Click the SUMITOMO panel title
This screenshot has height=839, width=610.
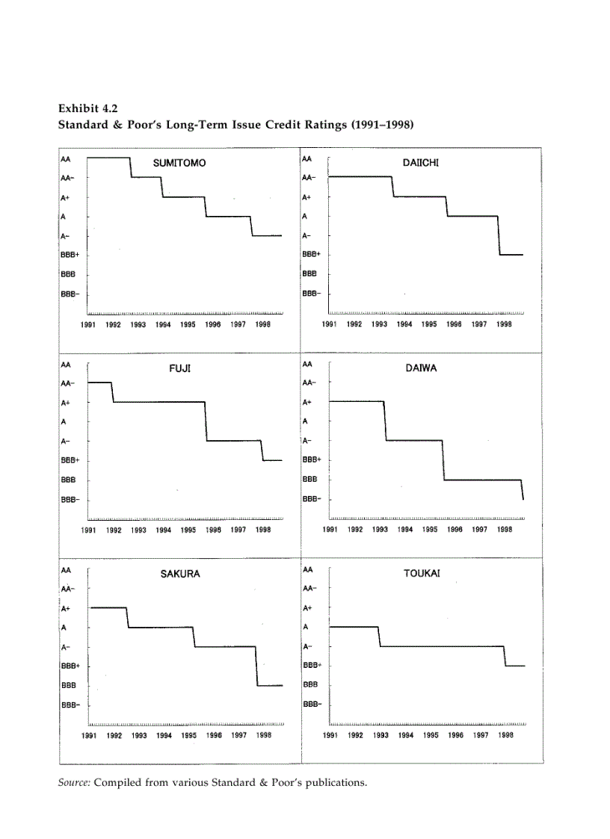[x=179, y=163]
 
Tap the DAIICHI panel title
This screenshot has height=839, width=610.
[x=420, y=162]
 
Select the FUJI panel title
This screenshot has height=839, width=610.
[x=180, y=368]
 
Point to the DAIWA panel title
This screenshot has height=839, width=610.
[x=421, y=368]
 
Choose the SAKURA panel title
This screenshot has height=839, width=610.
[x=180, y=574]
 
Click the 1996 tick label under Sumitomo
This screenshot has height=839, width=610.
[x=212, y=325]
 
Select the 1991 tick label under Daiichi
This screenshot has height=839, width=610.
[x=330, y=325]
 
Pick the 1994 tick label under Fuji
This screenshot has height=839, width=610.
[x=164, y=530]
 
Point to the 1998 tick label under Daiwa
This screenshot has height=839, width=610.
[x=505, y=530]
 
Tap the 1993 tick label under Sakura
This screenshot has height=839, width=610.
[x=139, y=736]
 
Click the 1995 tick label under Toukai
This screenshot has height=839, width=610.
[x=431, y=736]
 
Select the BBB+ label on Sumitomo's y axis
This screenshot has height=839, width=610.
[x=70, y=255]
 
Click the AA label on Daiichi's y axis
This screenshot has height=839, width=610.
[x=306, y=158]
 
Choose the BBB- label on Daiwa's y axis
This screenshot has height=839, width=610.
[x=311, y=498]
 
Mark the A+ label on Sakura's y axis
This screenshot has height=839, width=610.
[x=67, y=609]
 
